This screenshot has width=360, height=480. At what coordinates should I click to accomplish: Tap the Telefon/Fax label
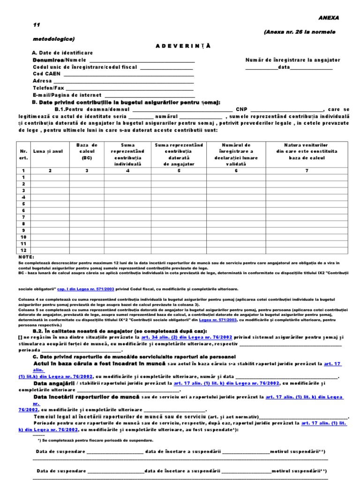pyautogui.click(x=49, y=88)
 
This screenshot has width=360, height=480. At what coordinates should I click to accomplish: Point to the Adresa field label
pyautogui.click(x=43, y=81)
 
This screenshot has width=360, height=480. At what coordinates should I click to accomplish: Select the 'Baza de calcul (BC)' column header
pyautogui.click(x=87, y=151)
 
